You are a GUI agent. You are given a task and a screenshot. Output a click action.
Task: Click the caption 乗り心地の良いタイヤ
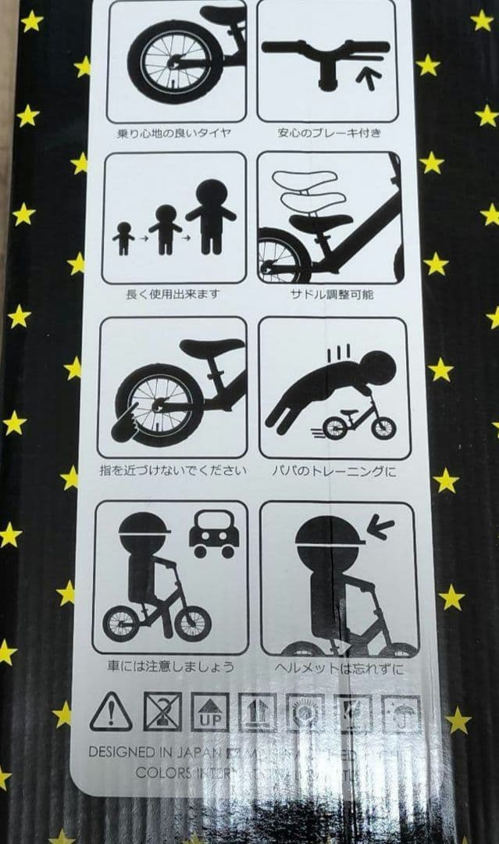(x=177, y=133)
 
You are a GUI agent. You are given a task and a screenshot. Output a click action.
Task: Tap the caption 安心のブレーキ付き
(x=330, y=133)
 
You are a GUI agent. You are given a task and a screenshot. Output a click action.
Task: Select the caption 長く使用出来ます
(x=172, y=295)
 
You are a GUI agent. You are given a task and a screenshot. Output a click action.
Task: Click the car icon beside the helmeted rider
(x=213, y=535)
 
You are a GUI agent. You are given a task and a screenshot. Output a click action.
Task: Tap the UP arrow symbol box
(x=210, y=712)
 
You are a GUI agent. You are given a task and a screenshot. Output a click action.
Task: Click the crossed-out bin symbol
(x=162, y=711)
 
